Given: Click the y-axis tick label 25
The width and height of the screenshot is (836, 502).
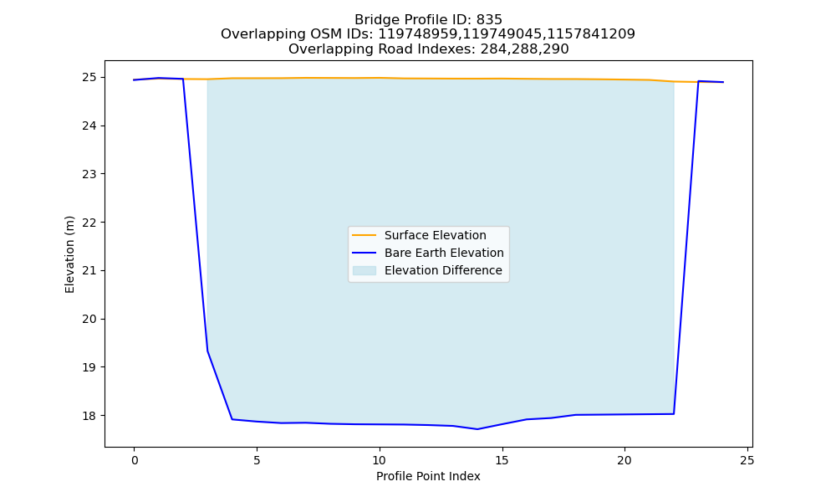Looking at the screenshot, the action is [90, 78].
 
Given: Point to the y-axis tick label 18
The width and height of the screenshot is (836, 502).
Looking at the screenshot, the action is [90, 416].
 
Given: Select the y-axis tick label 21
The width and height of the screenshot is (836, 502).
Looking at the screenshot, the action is [90, 271].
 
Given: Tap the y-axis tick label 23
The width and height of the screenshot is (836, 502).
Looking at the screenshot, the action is [90, 175].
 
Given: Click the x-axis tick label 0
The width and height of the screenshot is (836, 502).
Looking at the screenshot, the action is [135, 460].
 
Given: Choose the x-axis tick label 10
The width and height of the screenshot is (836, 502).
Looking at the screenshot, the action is [379, 460].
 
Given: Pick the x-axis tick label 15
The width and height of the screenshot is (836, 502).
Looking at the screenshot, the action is [502, 460].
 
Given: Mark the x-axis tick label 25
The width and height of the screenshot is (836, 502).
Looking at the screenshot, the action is [747, 460].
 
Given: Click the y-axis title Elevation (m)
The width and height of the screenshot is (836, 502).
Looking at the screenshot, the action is [69, 254].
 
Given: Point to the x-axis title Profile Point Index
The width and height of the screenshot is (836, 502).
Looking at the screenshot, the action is [428, 476].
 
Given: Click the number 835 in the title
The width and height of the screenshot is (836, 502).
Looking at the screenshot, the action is [489, 20].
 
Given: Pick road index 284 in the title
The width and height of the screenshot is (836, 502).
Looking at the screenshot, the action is [493, 49].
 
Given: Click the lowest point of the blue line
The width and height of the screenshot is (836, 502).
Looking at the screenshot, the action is [477, 429].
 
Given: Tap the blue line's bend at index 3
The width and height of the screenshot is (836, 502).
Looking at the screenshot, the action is [207, 351].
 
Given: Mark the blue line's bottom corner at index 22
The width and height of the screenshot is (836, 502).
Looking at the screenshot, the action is [674, 413].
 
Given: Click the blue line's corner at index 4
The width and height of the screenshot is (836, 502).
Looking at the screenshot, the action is [232, 419].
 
